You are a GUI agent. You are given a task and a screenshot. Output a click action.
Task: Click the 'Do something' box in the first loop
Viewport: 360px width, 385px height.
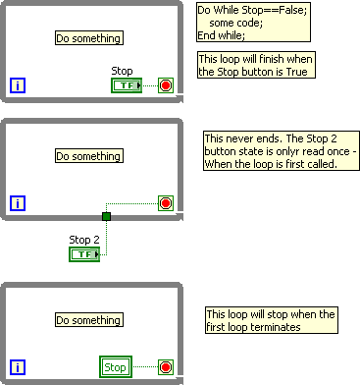88,38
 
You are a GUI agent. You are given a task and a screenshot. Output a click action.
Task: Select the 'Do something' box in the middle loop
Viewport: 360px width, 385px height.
88,156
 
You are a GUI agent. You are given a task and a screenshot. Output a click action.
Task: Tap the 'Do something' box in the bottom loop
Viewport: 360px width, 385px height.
88,320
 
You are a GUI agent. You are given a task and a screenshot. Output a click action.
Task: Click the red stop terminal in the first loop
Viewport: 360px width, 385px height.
165,86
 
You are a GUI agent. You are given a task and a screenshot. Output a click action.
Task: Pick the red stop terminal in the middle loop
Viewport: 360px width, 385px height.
165,203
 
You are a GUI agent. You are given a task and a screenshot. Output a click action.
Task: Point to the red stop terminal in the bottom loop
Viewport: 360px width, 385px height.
165,367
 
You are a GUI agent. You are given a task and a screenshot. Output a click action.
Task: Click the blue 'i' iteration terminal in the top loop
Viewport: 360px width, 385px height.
18,86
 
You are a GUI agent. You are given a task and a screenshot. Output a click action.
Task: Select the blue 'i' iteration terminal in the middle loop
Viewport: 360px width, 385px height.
18,203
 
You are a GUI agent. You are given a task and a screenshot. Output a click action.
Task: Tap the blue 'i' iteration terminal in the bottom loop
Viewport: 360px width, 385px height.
18,367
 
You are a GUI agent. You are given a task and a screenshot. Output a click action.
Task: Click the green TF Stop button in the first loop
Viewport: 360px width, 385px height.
127,86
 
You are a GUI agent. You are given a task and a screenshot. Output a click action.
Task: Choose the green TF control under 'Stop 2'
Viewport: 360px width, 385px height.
84,254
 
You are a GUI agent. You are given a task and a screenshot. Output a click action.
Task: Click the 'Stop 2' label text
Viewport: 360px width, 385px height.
83,239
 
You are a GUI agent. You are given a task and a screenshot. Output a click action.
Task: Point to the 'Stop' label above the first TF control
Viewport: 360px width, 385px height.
123,71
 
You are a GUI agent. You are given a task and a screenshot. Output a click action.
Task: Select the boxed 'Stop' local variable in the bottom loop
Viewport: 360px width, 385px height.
115,367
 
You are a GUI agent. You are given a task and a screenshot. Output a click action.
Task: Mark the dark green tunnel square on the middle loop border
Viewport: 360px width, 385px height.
107,216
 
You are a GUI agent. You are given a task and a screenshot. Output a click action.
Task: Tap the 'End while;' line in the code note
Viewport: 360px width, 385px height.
221,35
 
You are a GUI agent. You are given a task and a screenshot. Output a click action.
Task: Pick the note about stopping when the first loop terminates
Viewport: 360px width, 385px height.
271,321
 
